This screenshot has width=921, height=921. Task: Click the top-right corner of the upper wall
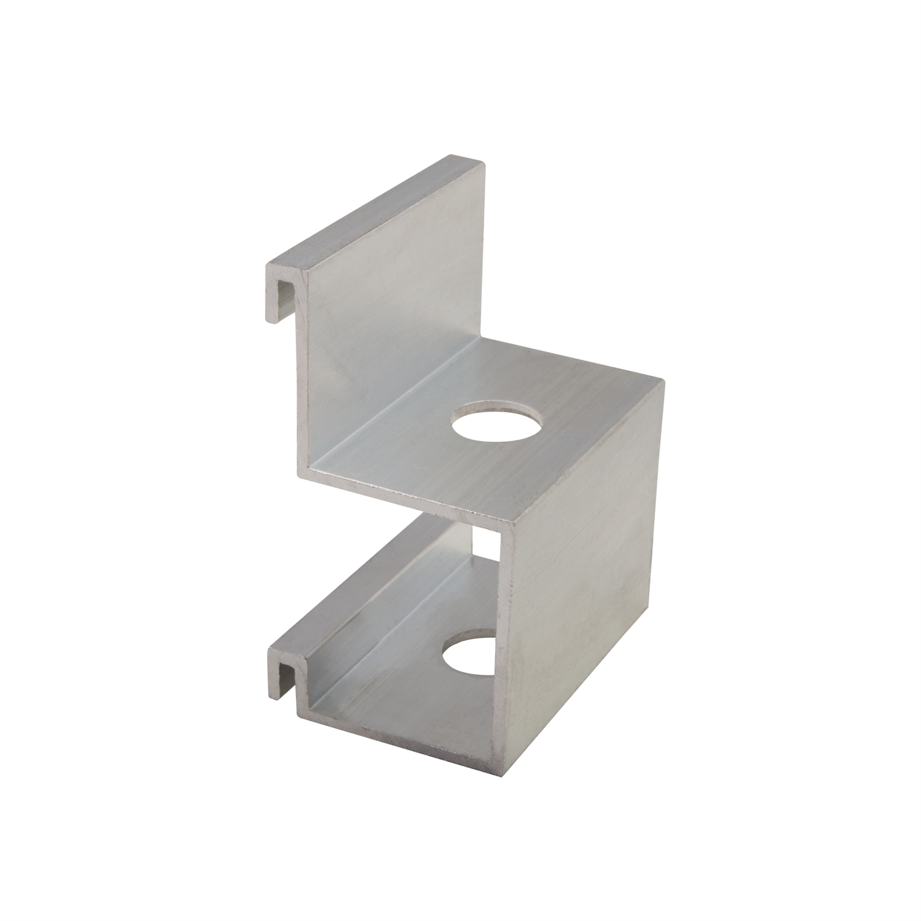click(484, 163)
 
